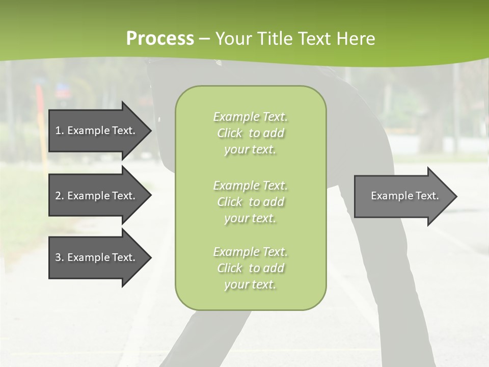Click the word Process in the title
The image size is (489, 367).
pyautogui.click(x=160, y=38)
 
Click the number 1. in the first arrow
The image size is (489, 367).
pyautogui.click(x=60, y=130)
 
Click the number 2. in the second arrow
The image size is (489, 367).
pyautogui.click(x=60, y=196)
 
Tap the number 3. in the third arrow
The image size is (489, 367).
pyautogui.click(x=60, y=257)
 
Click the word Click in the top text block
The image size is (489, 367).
pyautogui.click(x=230, y=133)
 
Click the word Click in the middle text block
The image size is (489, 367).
pyautogui.click(x=230, y=202)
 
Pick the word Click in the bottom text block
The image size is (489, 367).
pyautogui.click(x=230, y=268)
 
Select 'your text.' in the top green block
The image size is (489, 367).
pyautogui.click(x=250, y=150)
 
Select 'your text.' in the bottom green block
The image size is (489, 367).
pyautogui.click(x=250, y=285)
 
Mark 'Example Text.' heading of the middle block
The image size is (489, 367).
pyautogui.click(x=250, y=185)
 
